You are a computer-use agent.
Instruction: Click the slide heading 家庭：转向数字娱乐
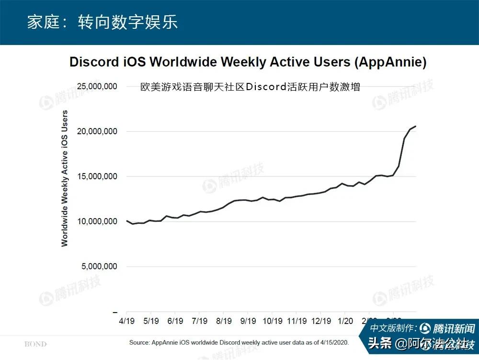[x=102, y=23]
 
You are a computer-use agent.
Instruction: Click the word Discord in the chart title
[x=94, y=62]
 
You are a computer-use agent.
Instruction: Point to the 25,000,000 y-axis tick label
[x=97, y=87]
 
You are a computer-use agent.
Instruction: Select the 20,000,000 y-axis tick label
[x=97, y=131]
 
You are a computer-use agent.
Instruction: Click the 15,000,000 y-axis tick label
[x=97, y=176]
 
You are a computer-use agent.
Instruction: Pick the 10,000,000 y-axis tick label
[x=97, y=221]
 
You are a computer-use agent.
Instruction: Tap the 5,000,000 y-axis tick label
[x=99, y=267]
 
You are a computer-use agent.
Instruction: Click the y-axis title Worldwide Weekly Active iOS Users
[x=65, y=178]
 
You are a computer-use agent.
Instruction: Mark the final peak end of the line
[x=415, y=126]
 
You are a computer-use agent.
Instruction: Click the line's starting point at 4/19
[x=127, y=221]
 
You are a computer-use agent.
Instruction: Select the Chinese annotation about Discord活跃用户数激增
[x=250, y=87]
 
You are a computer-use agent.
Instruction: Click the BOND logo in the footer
[x=35, y=344]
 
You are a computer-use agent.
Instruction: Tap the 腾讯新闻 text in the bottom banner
[x=453, y=329]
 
